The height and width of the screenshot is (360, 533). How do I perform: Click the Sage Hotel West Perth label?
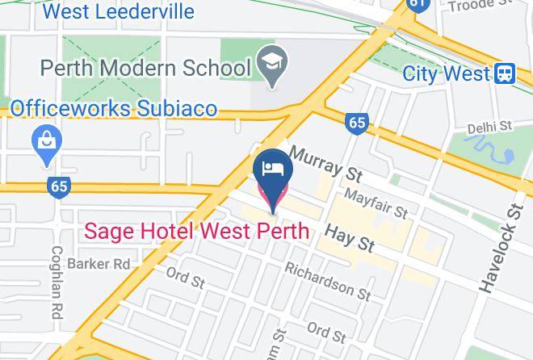196,232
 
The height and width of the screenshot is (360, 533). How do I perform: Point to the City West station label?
447,74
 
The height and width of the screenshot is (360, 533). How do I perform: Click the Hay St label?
350,237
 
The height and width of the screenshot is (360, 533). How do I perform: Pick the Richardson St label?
327,282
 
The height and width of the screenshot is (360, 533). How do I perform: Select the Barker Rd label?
99,264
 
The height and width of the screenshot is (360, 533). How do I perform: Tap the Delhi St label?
489,127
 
